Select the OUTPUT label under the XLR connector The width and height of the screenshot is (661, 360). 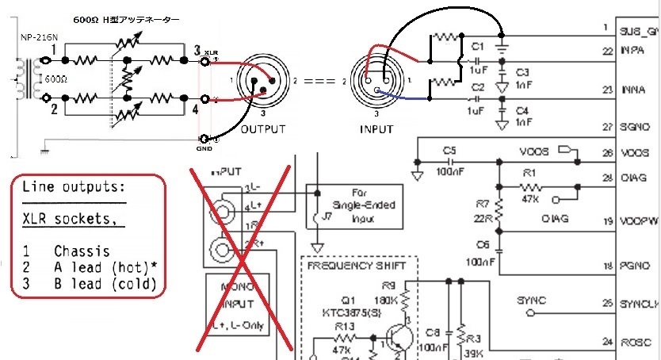point(262,128)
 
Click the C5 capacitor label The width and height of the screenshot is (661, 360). point(450,148)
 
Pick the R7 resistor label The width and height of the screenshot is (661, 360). point(483,208)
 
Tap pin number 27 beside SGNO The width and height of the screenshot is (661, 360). point(606,126)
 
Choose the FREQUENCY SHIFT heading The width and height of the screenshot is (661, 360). point(351,267)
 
